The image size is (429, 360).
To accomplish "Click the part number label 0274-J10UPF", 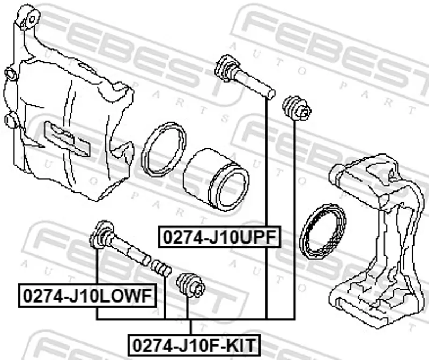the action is click(x=220, y=237).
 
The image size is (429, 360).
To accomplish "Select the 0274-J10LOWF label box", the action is click(x=87, y=296).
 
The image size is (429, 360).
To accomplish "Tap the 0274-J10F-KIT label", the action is click(x=194, y=346).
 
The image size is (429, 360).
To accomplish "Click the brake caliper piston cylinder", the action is click(x=216, y=181).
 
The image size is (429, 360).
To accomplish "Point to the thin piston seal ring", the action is click(x=164, y=149).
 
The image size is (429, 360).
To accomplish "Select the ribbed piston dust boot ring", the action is click(x=323, y=231).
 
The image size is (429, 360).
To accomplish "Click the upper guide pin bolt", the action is click(x=245, y=77).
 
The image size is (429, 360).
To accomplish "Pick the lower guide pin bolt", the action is click(x=120, y=243).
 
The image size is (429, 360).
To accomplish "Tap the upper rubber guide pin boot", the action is click(x=297, y=108).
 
